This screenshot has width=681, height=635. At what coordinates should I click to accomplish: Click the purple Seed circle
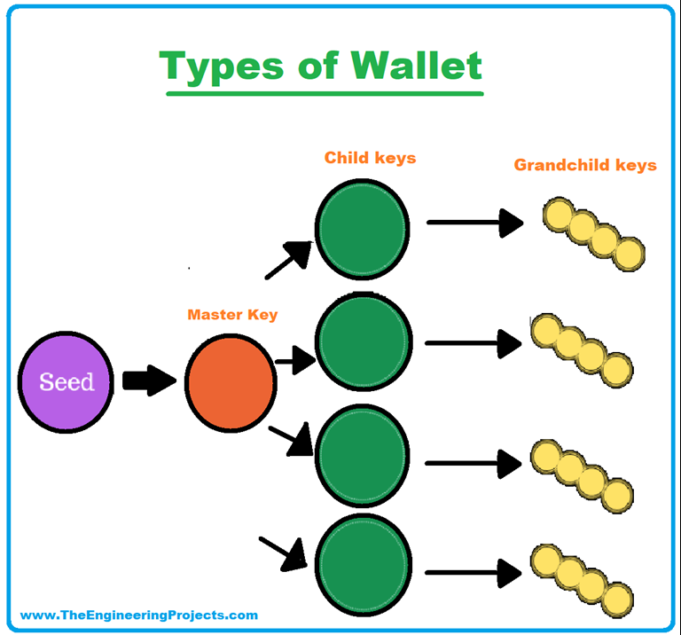(x=67, y=382)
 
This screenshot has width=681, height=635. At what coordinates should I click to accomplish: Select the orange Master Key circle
(x=231, y=382)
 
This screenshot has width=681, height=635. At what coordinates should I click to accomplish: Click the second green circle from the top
(x=364, y=341)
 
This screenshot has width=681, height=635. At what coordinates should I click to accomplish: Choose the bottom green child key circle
(x=364, y=562)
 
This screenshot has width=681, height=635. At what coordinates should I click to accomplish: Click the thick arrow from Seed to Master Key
(x=149, y=381)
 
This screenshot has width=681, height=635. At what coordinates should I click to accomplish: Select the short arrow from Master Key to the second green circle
(x=295, y=360)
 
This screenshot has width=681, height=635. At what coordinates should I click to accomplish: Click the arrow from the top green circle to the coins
(x=475, y=222)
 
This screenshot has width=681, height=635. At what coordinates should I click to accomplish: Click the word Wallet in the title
(x=416, y=67)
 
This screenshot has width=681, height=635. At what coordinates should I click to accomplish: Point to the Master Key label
(x=232, y=315)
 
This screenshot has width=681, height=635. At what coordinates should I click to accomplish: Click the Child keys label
(x=370, y=158)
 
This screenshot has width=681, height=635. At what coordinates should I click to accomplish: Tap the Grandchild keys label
(x=585, y=165)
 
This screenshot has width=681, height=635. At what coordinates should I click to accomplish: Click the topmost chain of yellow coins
(x=593, y=234)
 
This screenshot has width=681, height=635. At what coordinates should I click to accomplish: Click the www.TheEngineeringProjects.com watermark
(x=139, y=615)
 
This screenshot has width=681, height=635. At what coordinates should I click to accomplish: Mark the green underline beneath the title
(x=324, y=92)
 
